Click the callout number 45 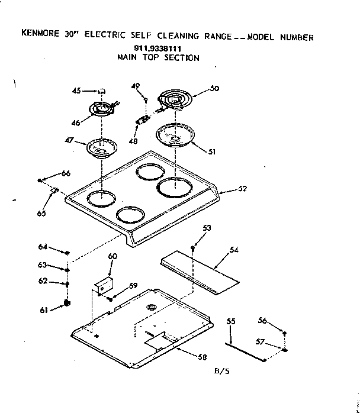[x=76, y=91]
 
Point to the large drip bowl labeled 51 [x=175, y=136]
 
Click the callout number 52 [x=242, y=189]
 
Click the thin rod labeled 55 [x=245, y=350]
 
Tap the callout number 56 [x=263, y=320]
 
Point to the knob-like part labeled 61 [x=67, y=304]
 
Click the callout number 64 [x=43, y=246]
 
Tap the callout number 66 [x=65, y=173]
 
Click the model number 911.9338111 [x=157, y=49]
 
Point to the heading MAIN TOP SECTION [x=157, y=58]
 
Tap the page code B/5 [x=222, y=372]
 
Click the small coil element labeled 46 [x=102, y=110]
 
